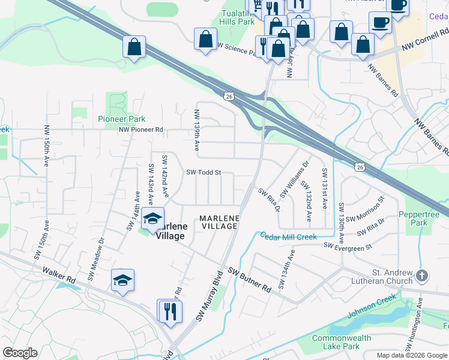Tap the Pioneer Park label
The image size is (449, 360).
tap(122, 119)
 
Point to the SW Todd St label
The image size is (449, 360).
tap(203, 172)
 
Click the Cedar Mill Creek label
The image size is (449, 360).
tap(288, 237)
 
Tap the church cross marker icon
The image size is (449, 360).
tap(422, 276)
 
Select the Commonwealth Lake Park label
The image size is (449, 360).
tap(342, 342)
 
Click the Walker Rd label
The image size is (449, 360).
tap(59, 275)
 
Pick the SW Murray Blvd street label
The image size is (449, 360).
tap(209, 295)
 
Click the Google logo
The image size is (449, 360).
tap(20, 353)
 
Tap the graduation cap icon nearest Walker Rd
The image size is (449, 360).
tap(122, 280)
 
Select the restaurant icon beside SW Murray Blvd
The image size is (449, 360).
tap(170, 311)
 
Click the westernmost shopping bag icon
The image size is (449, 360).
tap(134, 47)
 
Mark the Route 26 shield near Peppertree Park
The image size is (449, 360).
tap(359, 166)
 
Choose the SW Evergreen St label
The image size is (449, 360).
tap(348, 245)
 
